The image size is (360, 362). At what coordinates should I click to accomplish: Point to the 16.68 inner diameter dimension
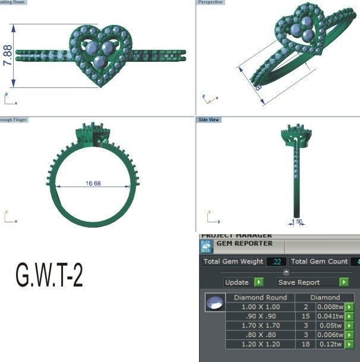pos(93,184)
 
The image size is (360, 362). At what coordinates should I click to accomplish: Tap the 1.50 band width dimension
pos(298,222)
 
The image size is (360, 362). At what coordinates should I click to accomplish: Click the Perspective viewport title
pos(210,3)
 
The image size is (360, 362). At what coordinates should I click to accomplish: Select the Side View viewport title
pos(209,120)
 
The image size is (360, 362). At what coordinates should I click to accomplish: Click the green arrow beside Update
pos(258,282)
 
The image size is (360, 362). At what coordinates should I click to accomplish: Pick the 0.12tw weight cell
pos(330,344)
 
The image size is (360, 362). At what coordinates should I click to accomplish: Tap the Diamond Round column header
pos(260,297)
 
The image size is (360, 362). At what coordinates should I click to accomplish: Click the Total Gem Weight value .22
pos(277,262)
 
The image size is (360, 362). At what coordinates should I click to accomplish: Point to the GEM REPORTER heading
pos(244,243)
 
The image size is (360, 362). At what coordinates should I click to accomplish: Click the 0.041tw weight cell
pos(330,316)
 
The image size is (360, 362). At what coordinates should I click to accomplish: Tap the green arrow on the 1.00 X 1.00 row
pos(349,307)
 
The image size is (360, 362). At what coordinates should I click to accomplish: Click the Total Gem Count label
pos(319,262)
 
